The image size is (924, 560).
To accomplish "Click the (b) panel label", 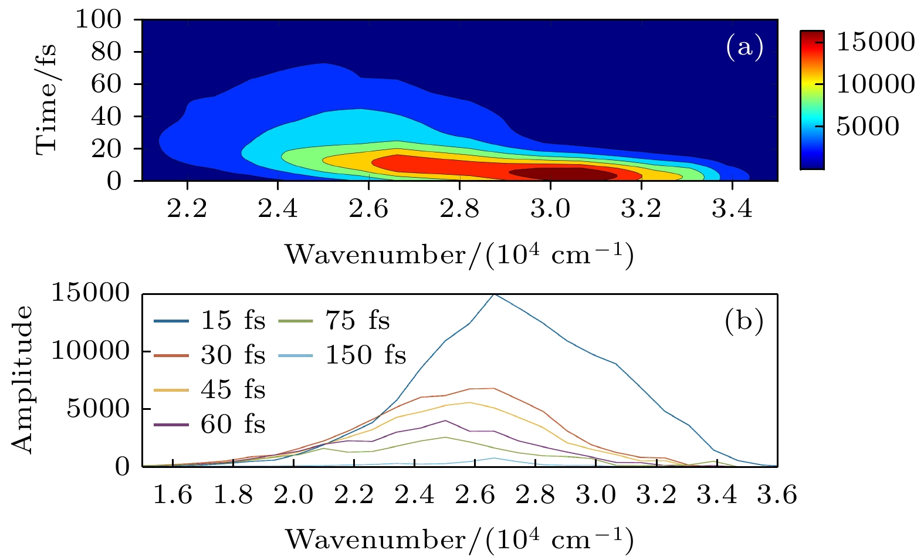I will click(x=744, y=321).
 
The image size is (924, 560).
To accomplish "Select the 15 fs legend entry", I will click(x=209, y=321).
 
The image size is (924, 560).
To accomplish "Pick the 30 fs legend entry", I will click(x=209, y=355).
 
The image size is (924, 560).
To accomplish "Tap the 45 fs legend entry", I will click(x=209, y=390).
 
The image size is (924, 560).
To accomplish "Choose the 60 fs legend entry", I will click(x=209, y=425).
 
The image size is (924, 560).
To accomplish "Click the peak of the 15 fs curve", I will click(x=495, y=294).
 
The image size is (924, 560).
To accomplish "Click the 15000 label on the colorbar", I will click(x=875, y=42).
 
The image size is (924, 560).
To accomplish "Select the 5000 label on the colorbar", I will click(x=867, y=127).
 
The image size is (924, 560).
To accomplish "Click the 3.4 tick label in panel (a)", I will click(x=732, y=209).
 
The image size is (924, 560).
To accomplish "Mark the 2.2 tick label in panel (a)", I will click(x=187, y=209).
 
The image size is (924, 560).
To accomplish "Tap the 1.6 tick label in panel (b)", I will click(x=172, y=495).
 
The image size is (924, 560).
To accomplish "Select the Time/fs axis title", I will click(x=47, y=100).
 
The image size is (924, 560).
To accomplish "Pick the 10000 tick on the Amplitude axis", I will click(x=90, y=351).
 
